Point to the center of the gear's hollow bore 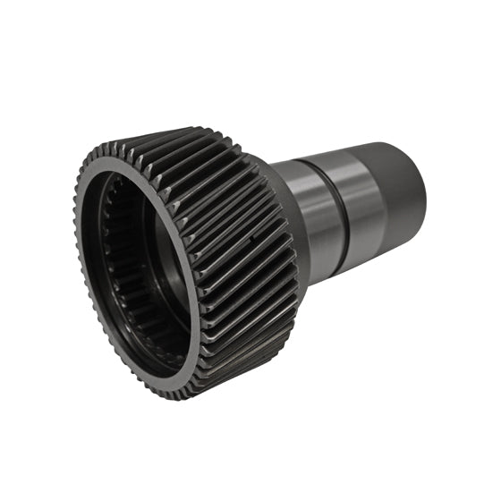[143, 268]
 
